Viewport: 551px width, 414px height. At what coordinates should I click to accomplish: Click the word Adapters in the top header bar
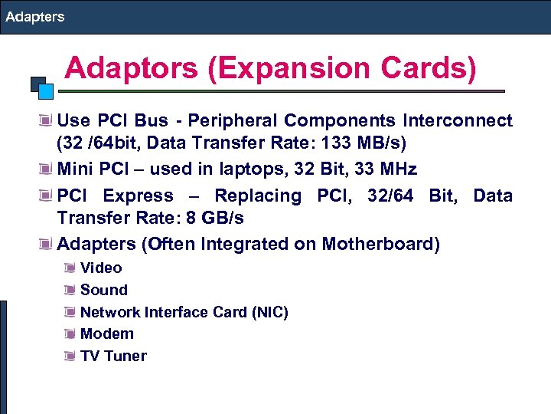point(34,16)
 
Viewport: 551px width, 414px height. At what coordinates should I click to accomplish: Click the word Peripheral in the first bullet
point(233,121)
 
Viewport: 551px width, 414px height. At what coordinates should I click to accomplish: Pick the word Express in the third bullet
point(139,195)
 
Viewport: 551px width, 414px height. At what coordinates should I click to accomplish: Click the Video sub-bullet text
point(101,268)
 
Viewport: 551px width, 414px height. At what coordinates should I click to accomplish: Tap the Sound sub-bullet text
point(104,290)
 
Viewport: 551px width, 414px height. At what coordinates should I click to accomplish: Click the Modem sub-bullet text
point(107,333)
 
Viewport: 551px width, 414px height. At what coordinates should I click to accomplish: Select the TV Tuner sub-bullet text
point(113,356)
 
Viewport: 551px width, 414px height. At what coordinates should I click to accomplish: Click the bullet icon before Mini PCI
point(47,169)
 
